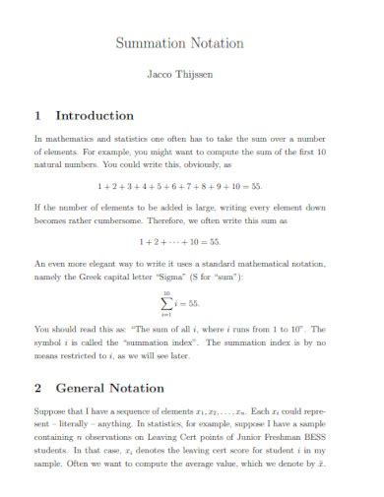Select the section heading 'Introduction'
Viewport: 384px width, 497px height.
click(95, 115)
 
